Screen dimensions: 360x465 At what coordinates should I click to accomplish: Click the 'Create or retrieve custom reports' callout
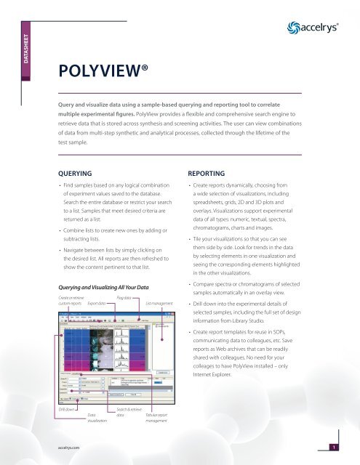coord(71,280)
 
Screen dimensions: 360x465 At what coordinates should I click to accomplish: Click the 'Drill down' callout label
coord(66,411)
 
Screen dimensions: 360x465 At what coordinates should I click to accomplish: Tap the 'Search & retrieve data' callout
coord(128,414)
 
